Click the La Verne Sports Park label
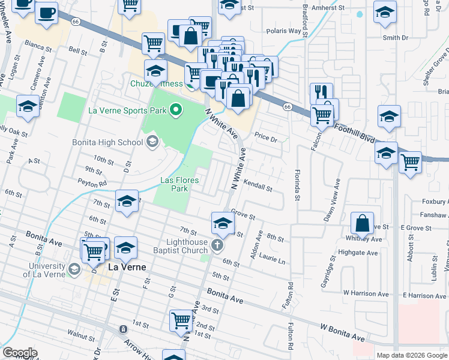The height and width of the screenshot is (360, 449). (127, 110)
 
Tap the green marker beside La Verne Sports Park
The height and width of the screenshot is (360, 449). (176, 110)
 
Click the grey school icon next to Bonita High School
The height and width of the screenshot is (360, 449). (152, 142)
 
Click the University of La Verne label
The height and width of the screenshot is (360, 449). (44, 270)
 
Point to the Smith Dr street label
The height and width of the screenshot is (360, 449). (395, 37)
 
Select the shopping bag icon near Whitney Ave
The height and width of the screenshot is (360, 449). (363, 224)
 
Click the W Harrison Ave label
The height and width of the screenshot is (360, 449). (366, 293)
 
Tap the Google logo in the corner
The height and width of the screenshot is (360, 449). (20, 352)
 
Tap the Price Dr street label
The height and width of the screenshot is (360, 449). (266, 139)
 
